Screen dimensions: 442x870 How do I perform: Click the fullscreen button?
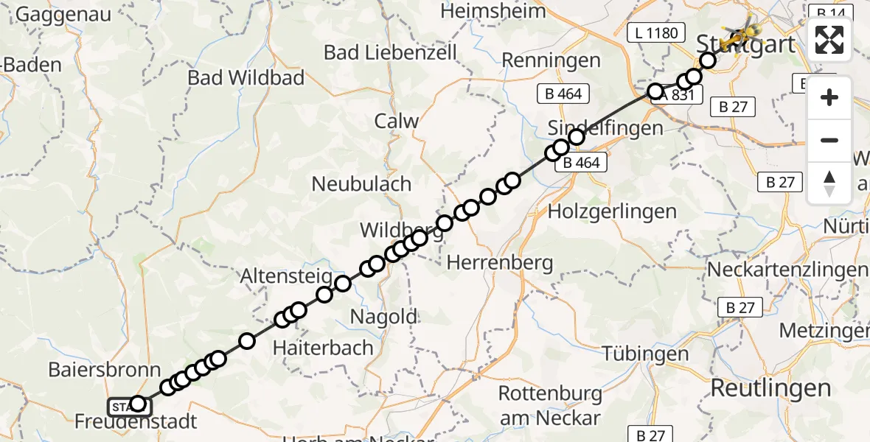click(829, 40)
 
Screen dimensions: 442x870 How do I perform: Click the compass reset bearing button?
click(829, 183)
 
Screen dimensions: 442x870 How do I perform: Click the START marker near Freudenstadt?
click(121, 405)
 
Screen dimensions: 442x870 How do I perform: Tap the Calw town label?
click(397, 122)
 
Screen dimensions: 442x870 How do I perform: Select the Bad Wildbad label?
click(246, 77)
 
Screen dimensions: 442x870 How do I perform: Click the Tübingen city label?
click(645, 354)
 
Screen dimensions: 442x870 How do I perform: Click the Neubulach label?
click(361, 183)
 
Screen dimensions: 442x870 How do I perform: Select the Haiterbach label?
click(324, 347)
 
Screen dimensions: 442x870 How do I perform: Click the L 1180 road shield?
click(655, 33)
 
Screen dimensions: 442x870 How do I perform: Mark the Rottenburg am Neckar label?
click(549, 405)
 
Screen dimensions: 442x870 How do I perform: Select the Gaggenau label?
click(63, 14)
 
